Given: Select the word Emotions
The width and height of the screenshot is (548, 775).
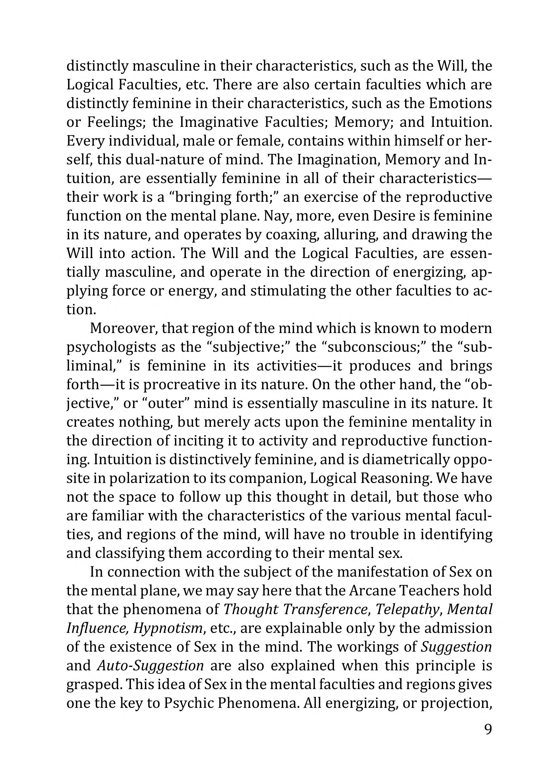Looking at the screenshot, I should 460,103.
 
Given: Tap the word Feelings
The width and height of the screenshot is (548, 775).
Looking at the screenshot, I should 116,122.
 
